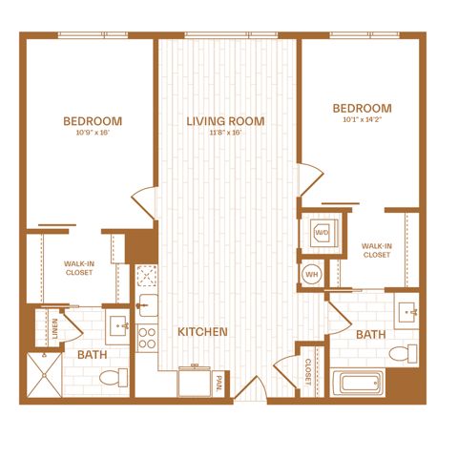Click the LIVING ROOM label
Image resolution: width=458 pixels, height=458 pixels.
225,121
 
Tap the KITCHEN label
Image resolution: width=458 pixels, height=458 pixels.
202,332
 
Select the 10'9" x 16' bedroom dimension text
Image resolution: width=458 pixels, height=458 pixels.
93,133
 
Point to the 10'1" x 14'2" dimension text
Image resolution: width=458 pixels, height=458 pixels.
362,120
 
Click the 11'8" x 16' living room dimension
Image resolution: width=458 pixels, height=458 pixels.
225,133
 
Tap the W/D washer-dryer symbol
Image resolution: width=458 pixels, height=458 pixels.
323,233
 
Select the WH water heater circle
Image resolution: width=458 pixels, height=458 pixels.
312,274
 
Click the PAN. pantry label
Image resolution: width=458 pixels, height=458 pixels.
219,383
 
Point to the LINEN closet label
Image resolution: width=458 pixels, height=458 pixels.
55,328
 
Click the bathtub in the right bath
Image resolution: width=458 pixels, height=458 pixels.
358,382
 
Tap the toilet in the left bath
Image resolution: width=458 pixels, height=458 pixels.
114,378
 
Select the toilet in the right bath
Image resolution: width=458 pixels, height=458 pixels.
403,353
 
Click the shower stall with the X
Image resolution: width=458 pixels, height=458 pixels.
45,375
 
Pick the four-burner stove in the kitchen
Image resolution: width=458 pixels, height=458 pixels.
147,338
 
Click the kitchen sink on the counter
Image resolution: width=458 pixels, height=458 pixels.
148,305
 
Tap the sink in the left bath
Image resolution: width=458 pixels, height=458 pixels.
117,326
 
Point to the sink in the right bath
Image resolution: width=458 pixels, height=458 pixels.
406,311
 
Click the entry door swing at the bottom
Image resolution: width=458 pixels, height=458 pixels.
250,387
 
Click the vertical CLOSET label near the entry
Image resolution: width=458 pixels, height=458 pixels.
308,372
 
